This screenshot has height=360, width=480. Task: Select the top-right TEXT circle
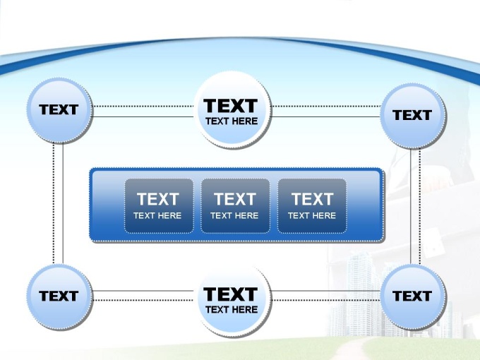click(x=412, y=115)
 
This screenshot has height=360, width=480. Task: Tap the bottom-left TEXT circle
click(x=59, y=296)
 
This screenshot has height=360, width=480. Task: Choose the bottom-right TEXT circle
click(x=412, y=296)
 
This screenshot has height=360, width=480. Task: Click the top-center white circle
click(x=232, y=110)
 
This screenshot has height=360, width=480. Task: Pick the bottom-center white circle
click(x=232, y=299)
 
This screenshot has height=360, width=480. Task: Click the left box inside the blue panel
click(x=158, y=205)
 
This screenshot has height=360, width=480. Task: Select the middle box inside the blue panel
click(x=235, y=205)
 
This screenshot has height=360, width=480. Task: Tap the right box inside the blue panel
click(x=312, y=205)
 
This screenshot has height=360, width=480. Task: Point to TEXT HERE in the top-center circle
click(x=232, y=121)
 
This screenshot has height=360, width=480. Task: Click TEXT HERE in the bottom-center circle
click(x=232, y=310)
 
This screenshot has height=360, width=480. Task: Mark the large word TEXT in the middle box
click(x=235, y=199)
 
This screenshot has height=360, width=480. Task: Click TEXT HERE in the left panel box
click(x=157, y=216)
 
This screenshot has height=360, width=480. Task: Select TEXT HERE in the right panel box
click(x=312, y=216)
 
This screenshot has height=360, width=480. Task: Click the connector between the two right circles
click(x=415, y=205)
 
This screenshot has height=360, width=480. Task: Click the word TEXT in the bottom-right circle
click(x=412, y=296)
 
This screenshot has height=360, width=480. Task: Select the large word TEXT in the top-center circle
click(x=231, y=106)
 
